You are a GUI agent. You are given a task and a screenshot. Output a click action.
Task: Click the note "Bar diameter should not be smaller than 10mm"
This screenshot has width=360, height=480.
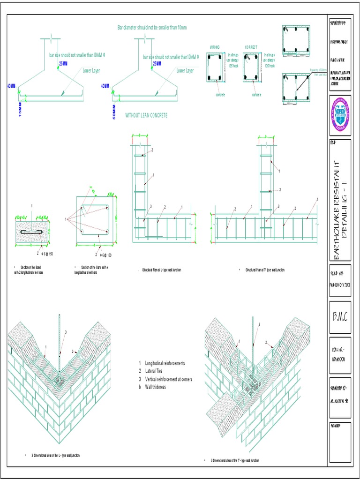click(152, 28)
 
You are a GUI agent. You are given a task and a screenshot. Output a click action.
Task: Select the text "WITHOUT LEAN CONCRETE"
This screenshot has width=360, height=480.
click(146, 115)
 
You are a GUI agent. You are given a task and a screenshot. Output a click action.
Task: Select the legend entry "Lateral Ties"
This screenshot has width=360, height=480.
click(154, 371)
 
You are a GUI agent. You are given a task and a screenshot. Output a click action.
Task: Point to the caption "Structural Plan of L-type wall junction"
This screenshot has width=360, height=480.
click(161, 270)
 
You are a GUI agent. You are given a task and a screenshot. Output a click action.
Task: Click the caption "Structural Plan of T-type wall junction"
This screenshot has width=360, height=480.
click(264, 270)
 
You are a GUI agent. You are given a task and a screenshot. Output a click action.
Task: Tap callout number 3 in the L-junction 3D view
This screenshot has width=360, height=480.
click(66, 332)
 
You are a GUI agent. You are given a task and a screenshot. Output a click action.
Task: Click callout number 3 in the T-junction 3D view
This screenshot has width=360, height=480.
click(259, 324)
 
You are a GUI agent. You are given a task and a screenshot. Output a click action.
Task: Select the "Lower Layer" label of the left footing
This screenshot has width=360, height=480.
click(91, 71)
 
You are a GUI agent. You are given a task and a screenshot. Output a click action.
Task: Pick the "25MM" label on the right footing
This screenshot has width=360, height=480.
click(157, 63)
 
